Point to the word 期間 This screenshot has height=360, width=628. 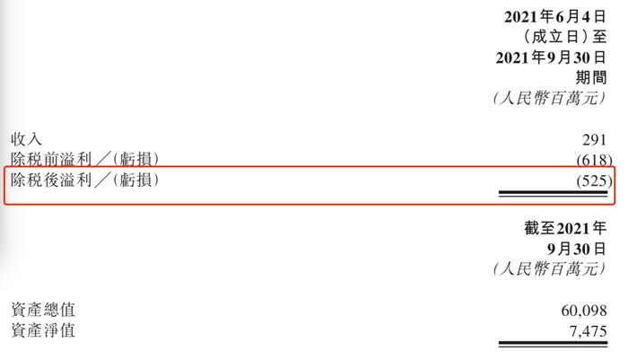tap(592, 77)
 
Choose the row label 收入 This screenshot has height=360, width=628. tap(26, 139)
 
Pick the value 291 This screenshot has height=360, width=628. tap(595, 140)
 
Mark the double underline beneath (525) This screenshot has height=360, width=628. tap(554, 193)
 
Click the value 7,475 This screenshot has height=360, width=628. tap(588, 331)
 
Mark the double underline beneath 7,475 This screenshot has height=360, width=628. tap(554, 344)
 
